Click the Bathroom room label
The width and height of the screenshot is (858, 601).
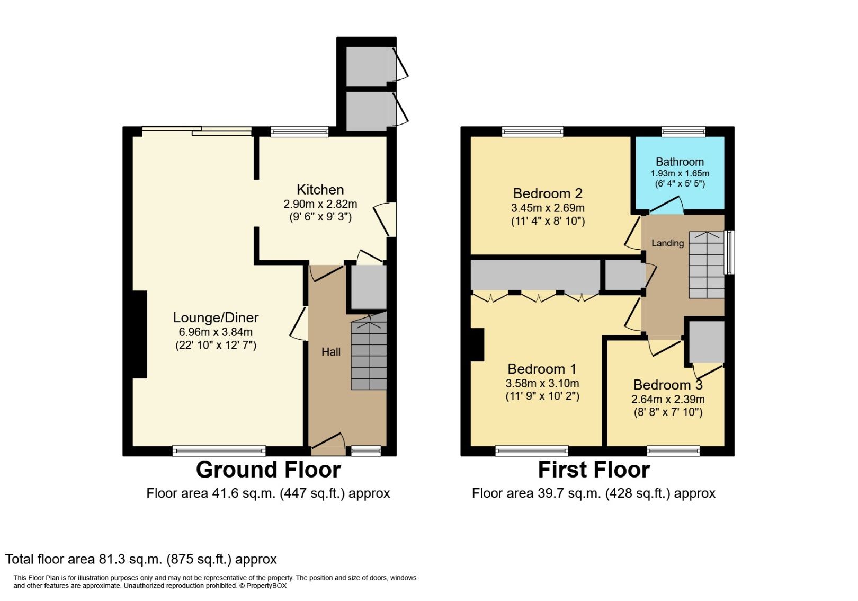(x=680, y=162)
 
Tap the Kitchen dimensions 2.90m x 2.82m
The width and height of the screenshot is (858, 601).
(x=320, y=204)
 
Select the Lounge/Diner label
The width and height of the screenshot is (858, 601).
(x=216, y=317)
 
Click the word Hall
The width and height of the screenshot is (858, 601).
(x=331, y=352)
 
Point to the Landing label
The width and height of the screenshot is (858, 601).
(x=667, y=243)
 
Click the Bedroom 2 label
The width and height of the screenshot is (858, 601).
(x=548, y=193)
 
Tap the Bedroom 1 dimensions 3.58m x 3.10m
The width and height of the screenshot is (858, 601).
(x=542, y=383)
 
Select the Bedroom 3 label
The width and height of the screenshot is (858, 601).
(x=667, y=385)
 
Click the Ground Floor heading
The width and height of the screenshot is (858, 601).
(x=268, y=470)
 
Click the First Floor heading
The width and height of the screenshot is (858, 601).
(x=594, y=470)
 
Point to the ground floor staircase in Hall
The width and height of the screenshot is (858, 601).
(x=369, y=355)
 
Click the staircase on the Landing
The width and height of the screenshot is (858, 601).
(x=706, y=265)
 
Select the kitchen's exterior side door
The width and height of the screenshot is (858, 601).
(x=385, y=219)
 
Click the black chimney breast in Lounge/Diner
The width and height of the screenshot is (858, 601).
(x=139, y=334)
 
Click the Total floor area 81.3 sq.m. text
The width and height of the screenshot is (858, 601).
(x=141, y=559)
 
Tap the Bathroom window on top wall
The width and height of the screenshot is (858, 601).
(x=683, y=131)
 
